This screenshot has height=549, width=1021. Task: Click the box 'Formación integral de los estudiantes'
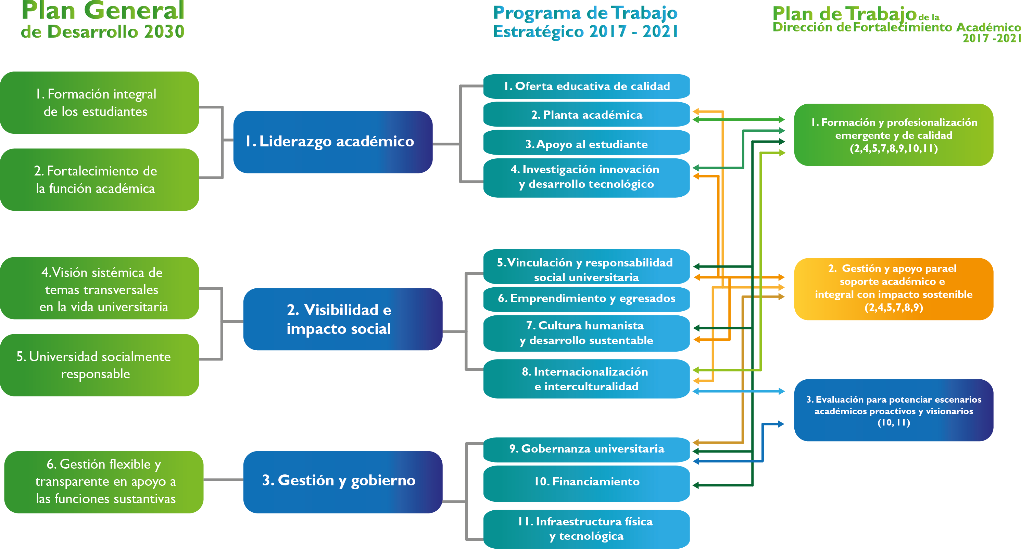coord(99,103)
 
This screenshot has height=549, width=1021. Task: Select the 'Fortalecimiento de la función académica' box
coord(99,180)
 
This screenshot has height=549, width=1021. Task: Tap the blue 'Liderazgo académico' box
coord(332,142)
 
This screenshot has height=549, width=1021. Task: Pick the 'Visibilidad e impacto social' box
coord(342,319)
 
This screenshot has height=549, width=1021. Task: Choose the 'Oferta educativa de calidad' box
coord(586,86)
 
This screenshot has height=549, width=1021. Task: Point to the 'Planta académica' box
coord(586,115)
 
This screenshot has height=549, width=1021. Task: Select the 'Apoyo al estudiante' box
coord(586,143)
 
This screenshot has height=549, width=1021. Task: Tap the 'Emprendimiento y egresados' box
coord(586,298)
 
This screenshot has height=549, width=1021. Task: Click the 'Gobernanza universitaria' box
coord(586,449)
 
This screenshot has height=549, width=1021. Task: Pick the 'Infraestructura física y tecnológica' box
coord(586,528)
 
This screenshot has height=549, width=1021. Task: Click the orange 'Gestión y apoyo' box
coord(893,288)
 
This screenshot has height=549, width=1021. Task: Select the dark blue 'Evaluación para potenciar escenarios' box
coord(893,410)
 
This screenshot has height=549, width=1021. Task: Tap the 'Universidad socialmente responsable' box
coord(99,365)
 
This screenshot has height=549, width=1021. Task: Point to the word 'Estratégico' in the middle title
coord(538,32)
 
